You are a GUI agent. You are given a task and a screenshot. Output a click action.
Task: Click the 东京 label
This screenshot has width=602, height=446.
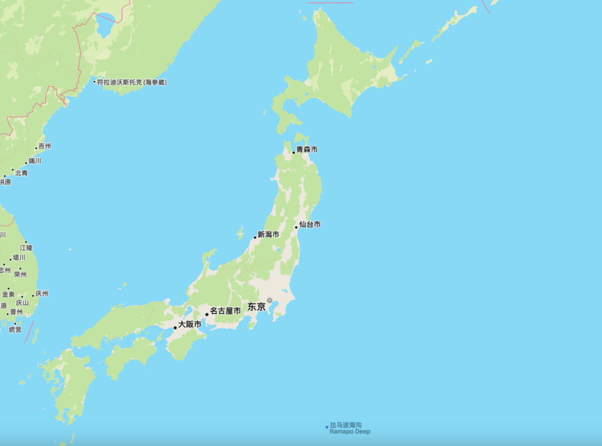coord(256,307)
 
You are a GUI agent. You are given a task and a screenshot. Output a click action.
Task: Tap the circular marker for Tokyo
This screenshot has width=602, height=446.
coord(269,300)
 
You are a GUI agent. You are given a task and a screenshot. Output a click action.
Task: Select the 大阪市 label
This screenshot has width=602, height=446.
coord(190,324)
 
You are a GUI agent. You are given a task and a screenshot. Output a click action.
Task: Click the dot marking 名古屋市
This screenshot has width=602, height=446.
coord(207,314)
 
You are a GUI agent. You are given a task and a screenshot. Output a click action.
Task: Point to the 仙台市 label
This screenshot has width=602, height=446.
coord(310,224)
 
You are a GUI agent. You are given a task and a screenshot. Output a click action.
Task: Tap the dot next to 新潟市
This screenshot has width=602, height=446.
coord(255,237)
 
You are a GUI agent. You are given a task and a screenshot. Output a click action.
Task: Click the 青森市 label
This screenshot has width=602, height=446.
coord(307,149)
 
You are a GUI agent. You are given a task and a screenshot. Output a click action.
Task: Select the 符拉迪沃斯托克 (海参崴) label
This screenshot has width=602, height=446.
coord(132,82)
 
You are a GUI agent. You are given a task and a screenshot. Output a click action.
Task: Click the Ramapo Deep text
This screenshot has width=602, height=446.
coord(349,432)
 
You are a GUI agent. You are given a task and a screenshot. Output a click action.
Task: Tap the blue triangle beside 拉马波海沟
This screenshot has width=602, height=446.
coord(327,428)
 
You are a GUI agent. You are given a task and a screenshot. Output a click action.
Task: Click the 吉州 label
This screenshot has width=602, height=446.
coord(44,146)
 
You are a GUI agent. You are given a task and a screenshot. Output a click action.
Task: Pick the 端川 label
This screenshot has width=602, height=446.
coord(35,161)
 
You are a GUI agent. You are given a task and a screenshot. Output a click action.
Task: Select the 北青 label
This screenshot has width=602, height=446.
coord(21,173)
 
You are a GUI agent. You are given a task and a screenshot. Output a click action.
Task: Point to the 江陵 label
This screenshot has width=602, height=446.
coord(26,247)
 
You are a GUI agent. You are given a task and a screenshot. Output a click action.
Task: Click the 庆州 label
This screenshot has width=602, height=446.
coord(42,293)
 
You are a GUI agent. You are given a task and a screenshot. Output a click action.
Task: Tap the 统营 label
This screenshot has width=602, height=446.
coord(15,329)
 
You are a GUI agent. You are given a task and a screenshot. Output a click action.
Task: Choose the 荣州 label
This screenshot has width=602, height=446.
coord(20,274)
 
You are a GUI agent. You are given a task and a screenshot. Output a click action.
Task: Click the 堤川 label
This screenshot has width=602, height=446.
coord(19,258)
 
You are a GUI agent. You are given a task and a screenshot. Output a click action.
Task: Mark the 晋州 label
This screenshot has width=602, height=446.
coord(16,312)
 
